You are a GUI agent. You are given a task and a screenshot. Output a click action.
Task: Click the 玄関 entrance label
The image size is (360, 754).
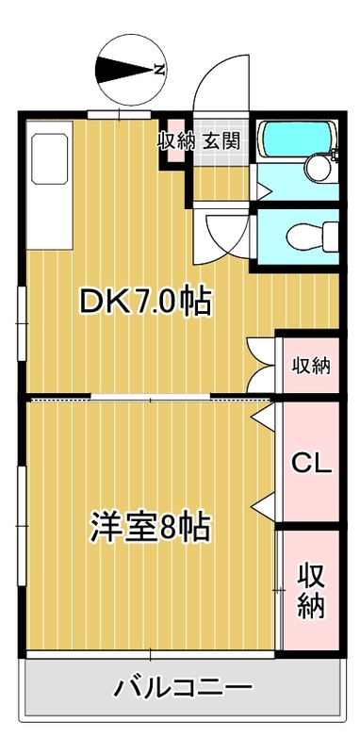click(x=220, y=141)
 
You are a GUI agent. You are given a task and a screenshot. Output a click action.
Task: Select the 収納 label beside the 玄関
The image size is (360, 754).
click(x=176, y=141)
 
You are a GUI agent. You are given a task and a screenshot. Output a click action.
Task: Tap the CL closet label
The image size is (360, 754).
click(x=310, y=464)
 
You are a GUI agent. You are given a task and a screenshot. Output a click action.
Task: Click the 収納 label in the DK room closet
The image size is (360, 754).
click(x=310, y=365)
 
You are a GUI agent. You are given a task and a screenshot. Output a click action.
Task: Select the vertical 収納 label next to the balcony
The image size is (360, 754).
click(x=310, y=589)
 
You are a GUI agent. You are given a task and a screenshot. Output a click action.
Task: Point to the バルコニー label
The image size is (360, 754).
click(x=184, y=687)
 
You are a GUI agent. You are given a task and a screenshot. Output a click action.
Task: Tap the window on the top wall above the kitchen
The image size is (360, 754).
click(x=121, y=114)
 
